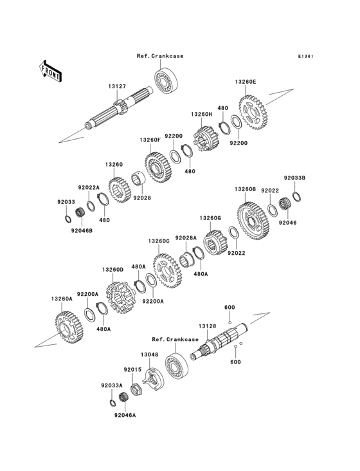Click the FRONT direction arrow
50,71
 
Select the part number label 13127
117,86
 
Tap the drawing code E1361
306,56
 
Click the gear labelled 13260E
253,113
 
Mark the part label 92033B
294,178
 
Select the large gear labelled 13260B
253,221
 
